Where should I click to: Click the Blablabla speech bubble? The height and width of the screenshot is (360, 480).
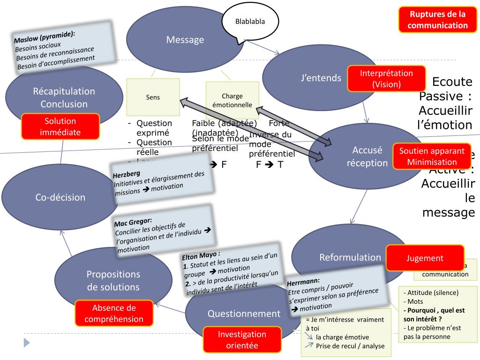pyautogui.click(x=250, y=22)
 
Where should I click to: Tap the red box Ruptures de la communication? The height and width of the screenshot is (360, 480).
pyautogui.click(x=437, y=20)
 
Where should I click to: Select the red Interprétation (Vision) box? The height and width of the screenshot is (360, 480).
pyautogui.click(x=386, y=79)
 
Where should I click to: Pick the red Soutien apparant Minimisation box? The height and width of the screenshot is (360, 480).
pyautogui.click(x=432, y=157)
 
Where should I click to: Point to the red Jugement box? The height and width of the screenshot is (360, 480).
pyautogui.click(x=425, y=258)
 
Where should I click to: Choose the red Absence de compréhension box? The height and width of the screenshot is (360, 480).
pyautogui.click(x=114, y=314)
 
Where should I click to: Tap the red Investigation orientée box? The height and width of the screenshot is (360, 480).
pyautogui.click(x=242, y=340)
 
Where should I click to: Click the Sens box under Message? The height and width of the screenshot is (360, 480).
pyautogui.click(x=153, y=97)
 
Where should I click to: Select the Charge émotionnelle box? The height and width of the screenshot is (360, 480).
pyautogui.click(x=232, y=100)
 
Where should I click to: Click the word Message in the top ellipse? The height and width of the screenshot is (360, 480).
pyautogui.click(x=185, y=40)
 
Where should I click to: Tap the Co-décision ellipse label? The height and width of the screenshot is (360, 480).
pyautogui.click(x=60, y=197)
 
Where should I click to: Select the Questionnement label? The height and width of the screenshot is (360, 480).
pyautogui.click(x=244, y=314)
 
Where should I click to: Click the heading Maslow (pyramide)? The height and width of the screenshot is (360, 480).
pyautogui.click(x=45, y=37)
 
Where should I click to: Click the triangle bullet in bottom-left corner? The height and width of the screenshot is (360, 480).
pyautogui.click(x=27, y=343)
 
